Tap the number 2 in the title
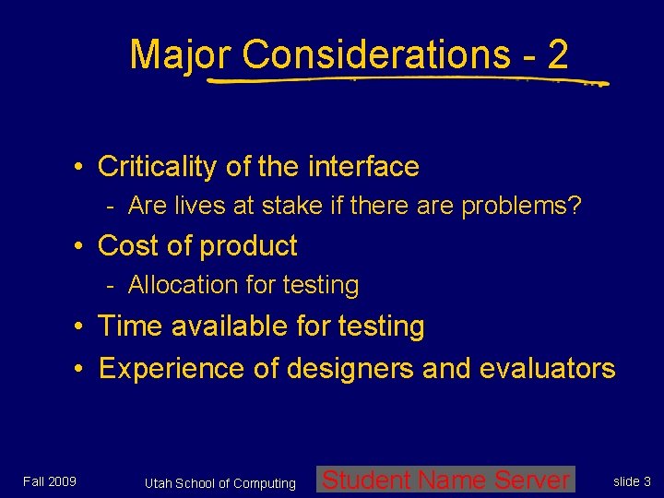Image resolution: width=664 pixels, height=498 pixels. click(557, 54)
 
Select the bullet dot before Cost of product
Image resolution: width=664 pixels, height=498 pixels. click(82, 246)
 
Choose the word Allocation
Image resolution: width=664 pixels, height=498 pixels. click(177, 286)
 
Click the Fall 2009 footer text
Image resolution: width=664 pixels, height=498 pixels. click(50, 481)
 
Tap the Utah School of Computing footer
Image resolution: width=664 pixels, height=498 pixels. click(220, 483)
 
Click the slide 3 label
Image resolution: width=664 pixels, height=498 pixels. click(633, 481)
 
